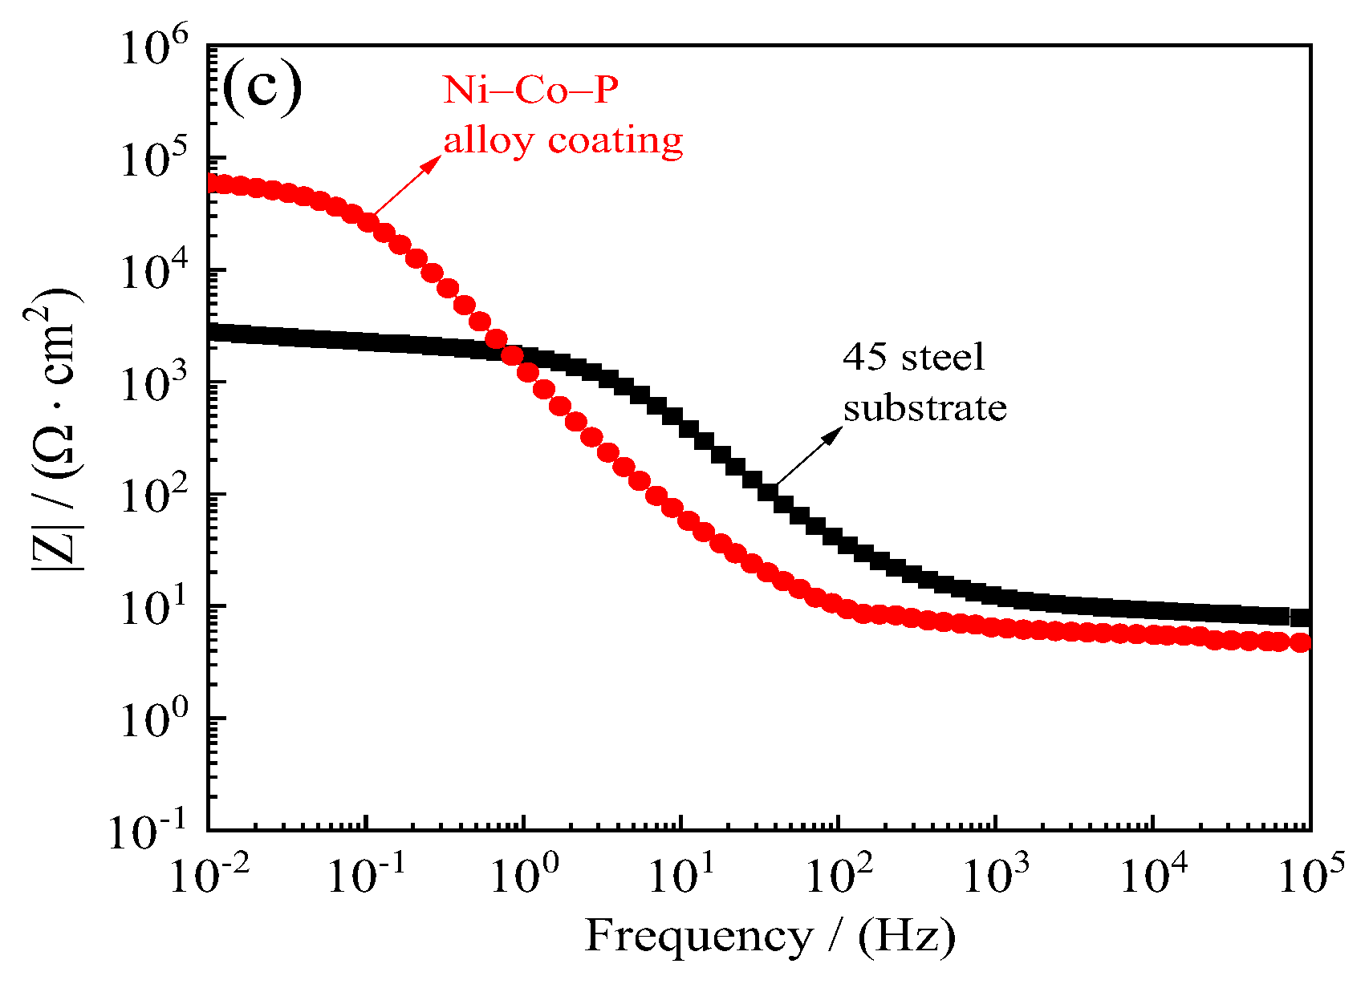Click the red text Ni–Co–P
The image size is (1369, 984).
pyautogui.click(x=530, y=90)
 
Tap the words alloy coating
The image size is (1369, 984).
pyautogui.click(x=563, y=140)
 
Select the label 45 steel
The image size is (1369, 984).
pyautogui.click(x=913, y=357)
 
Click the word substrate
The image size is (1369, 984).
pyautogui.click(x=924, y=407)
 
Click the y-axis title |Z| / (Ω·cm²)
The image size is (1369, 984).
pyautogui.click(x=56, y=429)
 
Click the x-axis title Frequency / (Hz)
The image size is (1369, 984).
pyautogui.click(x=770, y=936)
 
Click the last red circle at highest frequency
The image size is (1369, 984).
pyautogui.click(x=1301, y=642)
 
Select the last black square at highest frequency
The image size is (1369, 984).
pyautogui.click(x=1300, y=618)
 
